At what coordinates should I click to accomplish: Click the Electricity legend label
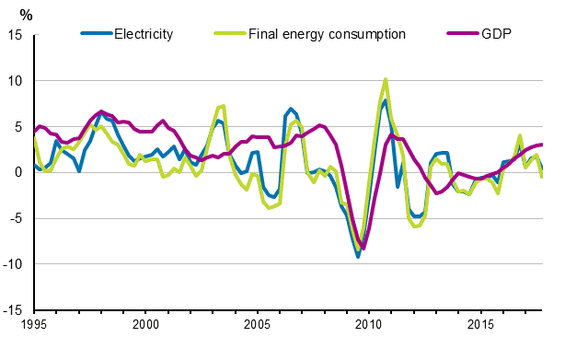coord(143,34)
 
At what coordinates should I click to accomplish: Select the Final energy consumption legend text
coord(327,34)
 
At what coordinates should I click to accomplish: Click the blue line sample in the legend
coord(96,34)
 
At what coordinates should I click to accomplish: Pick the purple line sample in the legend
coord(460,34)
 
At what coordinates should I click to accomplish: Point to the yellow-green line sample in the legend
coord(228,34)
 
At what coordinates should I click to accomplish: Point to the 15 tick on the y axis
coord(16,35)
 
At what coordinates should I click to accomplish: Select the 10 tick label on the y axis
coord(16,81)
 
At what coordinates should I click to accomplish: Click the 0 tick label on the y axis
coord(19,172)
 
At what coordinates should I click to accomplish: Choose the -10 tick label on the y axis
coord(14,264)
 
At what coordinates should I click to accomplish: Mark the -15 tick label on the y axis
coord(14,310)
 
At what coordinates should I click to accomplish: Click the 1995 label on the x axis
coord(34,325)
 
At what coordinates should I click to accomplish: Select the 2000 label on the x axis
coord(145,325)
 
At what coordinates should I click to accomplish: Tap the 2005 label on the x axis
coord(257,325)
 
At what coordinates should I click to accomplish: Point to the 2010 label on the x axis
coord(368,325)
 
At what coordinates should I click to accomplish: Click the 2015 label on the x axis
coord(479,325)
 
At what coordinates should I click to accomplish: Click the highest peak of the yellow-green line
coord(386,79)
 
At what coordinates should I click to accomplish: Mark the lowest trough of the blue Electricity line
coord(358,257)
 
